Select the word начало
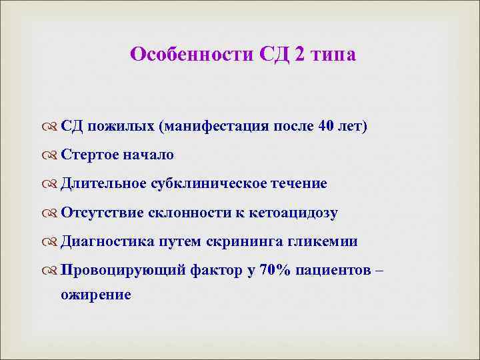click(148, 155)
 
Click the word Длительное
click(101, 184)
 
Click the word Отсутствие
click(99, 213)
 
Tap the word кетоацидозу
click(293, 213)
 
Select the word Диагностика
click(106, 241)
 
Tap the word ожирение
click(96, 294)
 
